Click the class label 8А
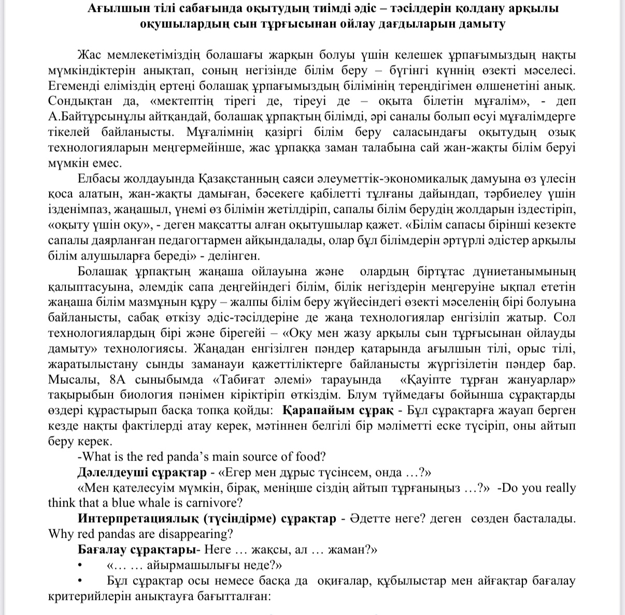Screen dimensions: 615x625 tap(120, 364)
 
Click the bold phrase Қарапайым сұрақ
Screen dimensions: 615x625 tap(337, 411)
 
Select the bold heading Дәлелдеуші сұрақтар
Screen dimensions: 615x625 tap(143, 473)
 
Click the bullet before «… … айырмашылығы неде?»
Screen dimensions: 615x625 tap(80, 565)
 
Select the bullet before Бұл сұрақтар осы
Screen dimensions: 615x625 tap(80, 581)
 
